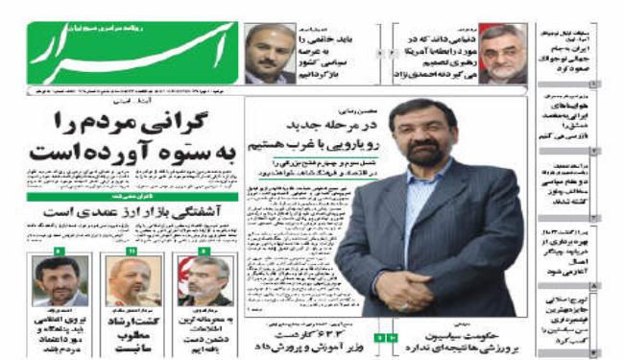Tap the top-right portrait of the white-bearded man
pos(502,54)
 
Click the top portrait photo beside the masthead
pos(271,54)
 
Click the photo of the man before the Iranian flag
pos(204,282)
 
